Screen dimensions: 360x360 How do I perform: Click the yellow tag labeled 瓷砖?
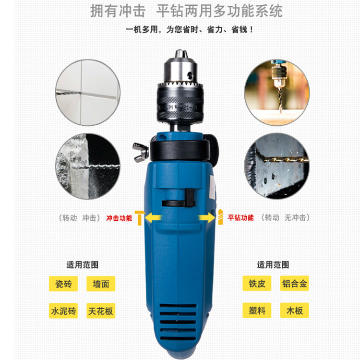pyautogui.click(x=63, y=284)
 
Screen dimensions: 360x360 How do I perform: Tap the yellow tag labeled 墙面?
pyautogui.click(x=101, y=284)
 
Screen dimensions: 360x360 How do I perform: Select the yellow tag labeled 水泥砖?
pyautogui.click(x=63, y=311)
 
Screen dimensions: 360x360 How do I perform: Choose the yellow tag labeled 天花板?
pyautogui.click(x=101, y=311)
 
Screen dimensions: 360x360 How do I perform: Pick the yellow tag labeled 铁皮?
pyautogui.click(x=257, y=283)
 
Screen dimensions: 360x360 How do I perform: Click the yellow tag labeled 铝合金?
pyautogui.click(x=295, y=283)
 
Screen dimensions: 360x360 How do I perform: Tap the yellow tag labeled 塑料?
pyautogui.click(x=257, y=311)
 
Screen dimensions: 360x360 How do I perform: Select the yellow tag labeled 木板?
pyautogui.click(x=295, y=311)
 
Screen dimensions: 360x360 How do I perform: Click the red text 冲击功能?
pyautogui.click(x=119, y=218)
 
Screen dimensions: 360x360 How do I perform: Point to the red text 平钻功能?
pyautogui.click(x=240, y=217)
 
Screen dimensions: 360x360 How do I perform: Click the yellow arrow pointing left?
pyautogui.click(x=154, y=217)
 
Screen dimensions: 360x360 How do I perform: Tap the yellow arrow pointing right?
pyautogui.click(x=207, y=217)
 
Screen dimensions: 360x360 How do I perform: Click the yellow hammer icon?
pyautogui.click(x=139, y=217)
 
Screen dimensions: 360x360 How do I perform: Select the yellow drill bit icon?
pyautogui.click(x=220, y=217)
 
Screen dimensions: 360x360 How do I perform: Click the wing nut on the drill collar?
pyautogui.click(x=140, y=152)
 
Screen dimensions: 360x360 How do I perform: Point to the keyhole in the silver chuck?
pyautogui.click(x=190, y=75)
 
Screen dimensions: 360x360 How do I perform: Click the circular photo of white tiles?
pyautogui.click(x=88, y=93)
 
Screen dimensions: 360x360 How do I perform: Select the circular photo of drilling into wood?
pyautogui.click(x=277, y=93)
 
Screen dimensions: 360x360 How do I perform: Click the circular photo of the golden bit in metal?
pyautogui.click(x=277, y=166)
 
